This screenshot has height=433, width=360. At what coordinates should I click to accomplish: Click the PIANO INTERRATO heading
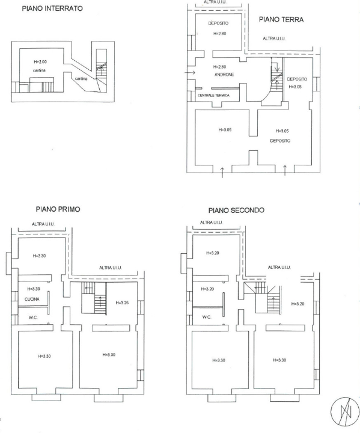(52, 9)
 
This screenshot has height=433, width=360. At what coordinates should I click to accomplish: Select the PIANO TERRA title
(281, 19)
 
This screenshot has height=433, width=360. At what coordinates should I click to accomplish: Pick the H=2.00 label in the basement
(40, 62)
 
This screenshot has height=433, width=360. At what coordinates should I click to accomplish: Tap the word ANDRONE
(224, 75)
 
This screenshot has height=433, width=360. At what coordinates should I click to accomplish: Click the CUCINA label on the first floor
(32, 299)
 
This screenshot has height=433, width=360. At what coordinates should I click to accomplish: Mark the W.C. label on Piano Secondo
(206, 317)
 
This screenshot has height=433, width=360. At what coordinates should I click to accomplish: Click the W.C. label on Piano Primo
(32, 317)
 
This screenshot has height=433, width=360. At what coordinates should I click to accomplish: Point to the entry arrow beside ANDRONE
(191, 73)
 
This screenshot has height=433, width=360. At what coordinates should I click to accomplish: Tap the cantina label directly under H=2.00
(39, 72)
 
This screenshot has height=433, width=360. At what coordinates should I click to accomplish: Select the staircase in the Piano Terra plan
(276, 78)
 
